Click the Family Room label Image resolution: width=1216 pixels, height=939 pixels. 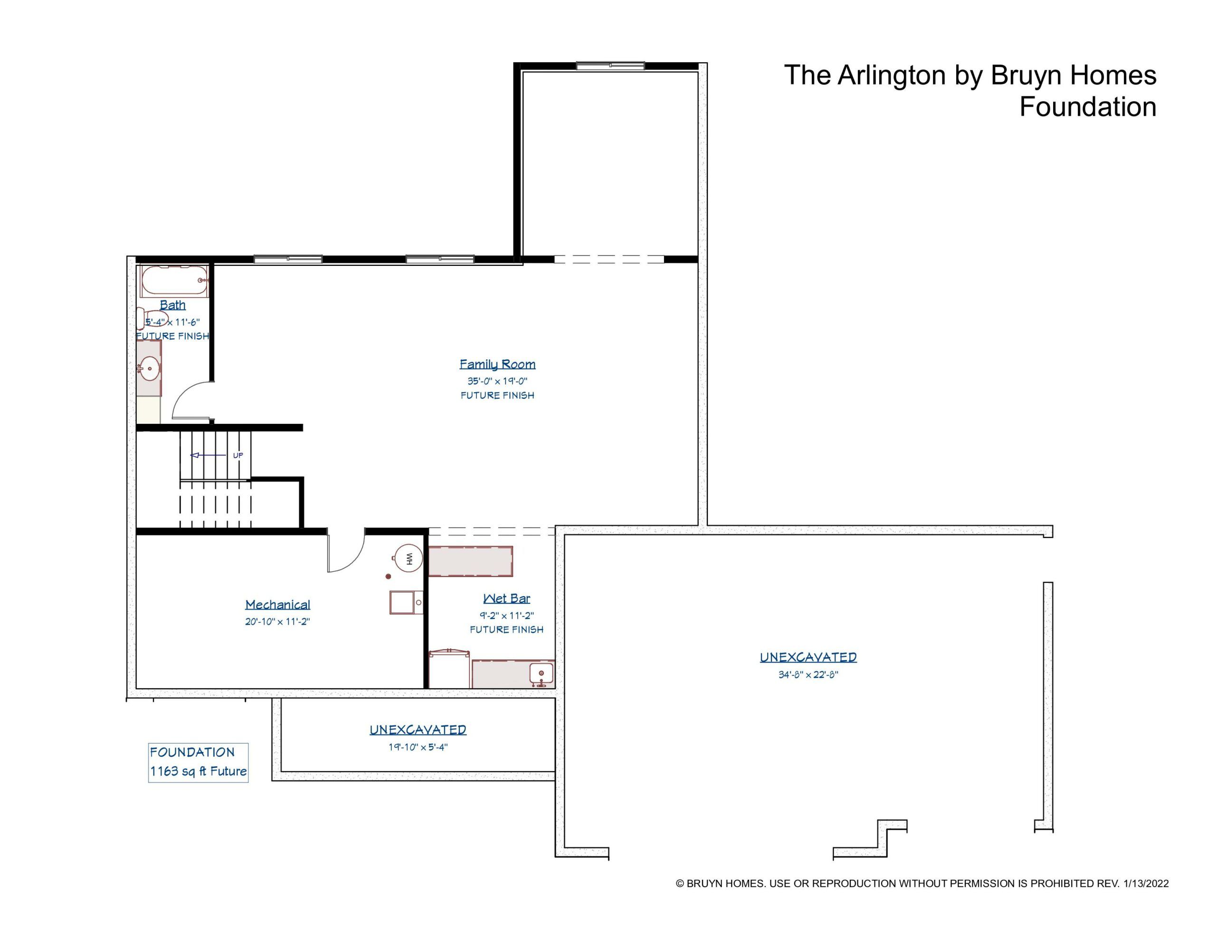(497, 364)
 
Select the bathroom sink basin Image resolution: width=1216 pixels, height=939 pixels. (150, 368)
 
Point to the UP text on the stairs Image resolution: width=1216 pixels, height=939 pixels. (238, 455)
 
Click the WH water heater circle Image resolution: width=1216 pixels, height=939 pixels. (408, 558)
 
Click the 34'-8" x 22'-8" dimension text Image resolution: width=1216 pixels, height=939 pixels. (808, 675)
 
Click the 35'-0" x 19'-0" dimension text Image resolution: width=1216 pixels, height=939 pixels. (497, 381)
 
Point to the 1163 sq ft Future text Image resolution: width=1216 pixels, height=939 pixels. (198, 771)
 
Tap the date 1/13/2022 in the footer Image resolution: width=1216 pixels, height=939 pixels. (1146, 883)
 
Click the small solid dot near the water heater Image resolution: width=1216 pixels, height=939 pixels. (389, 577)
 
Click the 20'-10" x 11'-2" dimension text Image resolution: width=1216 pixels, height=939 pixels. (277, 622)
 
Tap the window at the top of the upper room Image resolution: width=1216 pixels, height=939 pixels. (610, 66)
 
